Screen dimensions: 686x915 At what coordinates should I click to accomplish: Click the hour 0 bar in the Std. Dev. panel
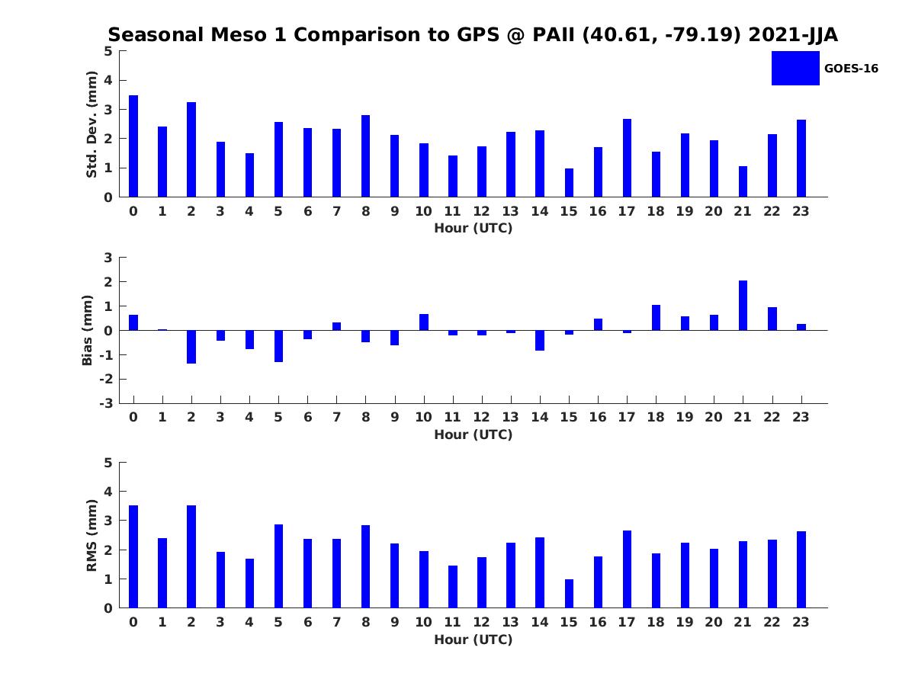[133, 146]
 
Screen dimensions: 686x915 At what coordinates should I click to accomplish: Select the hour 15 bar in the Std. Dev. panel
[569, 183]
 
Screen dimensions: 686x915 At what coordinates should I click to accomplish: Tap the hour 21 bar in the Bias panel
[743, 306]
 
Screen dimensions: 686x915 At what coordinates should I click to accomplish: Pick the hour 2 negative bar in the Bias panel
[191, 347]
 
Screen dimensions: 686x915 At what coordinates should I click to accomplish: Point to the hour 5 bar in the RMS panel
[278, 566]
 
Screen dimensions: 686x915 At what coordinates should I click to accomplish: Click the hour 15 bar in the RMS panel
[569, 594]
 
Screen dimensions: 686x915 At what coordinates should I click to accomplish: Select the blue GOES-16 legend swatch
[795, 68]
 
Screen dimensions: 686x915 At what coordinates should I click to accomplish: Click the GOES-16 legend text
[851, 69]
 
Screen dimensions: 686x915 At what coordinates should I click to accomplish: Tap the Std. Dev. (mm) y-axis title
[91, 124]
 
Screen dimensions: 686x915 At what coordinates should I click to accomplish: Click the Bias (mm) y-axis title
[88, 330]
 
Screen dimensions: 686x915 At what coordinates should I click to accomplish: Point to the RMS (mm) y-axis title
[91, 535]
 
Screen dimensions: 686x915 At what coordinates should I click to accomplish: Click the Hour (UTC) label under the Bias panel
[473, 434]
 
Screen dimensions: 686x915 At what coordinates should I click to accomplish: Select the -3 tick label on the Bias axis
[108, 403]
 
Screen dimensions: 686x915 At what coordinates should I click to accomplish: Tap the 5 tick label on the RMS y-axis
[108, 463]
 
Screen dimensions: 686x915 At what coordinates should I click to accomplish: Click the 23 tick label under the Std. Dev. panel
[801, 211]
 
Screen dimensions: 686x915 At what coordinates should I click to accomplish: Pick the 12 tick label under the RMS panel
[481, 622]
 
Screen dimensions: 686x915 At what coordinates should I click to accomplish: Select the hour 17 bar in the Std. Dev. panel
[627, 158]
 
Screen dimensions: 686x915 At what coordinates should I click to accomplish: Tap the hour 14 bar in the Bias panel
[540, 340]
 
